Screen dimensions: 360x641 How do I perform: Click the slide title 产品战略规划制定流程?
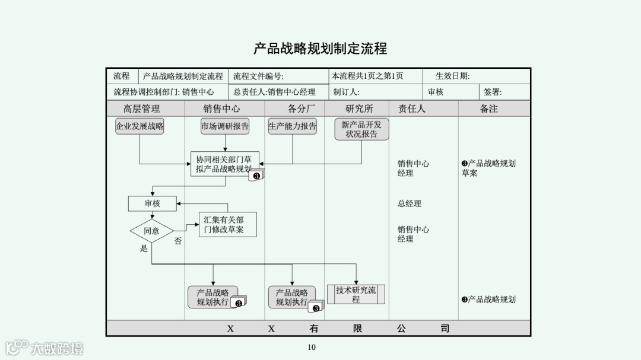pyautogui.click(x=320, y=49)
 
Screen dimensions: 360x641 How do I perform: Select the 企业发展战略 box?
pyautogui.click(x=139, y=126)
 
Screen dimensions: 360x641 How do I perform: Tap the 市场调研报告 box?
pyautogui.click(x=225, y=126)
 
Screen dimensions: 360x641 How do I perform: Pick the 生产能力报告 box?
pyautogui.click(x=292, y=126)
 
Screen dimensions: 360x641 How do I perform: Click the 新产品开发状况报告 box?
pyautogui.click(x=361, y=129)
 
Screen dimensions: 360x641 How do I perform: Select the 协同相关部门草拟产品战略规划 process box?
pyautogui.click(x=224, y=164)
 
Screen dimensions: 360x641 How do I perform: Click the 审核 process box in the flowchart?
pyautogui.click(x=152, y=203)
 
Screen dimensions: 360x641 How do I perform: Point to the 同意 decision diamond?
pyautogui.click(x=151, y=231)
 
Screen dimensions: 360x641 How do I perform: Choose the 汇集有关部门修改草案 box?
pyautogui.click(x=227, y=225)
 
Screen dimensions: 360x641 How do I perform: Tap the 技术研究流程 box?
pyautogui.click(x=356, y=294)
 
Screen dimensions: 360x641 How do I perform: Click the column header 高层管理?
pyautogui.click(x=142, y=109)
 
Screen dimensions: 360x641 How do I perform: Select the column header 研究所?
pyautogui.click(x=359, y=109)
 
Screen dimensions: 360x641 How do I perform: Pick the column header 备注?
pyautogui.click(x=488, y=109)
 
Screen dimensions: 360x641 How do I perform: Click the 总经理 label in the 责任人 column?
pyautogui.click(x=410, y=203)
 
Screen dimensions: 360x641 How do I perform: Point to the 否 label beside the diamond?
pyautogui.click(x=178, y=241)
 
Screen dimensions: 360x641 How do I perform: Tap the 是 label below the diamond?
pyautogui.click(x=144, y=249)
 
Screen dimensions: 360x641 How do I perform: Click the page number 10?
pyautogui.click(x=312, y=348)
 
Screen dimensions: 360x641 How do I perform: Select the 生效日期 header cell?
pyautogui.click(x=453, y=76)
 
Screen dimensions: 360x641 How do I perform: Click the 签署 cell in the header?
pyautogui.click(x=493, y=92)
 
